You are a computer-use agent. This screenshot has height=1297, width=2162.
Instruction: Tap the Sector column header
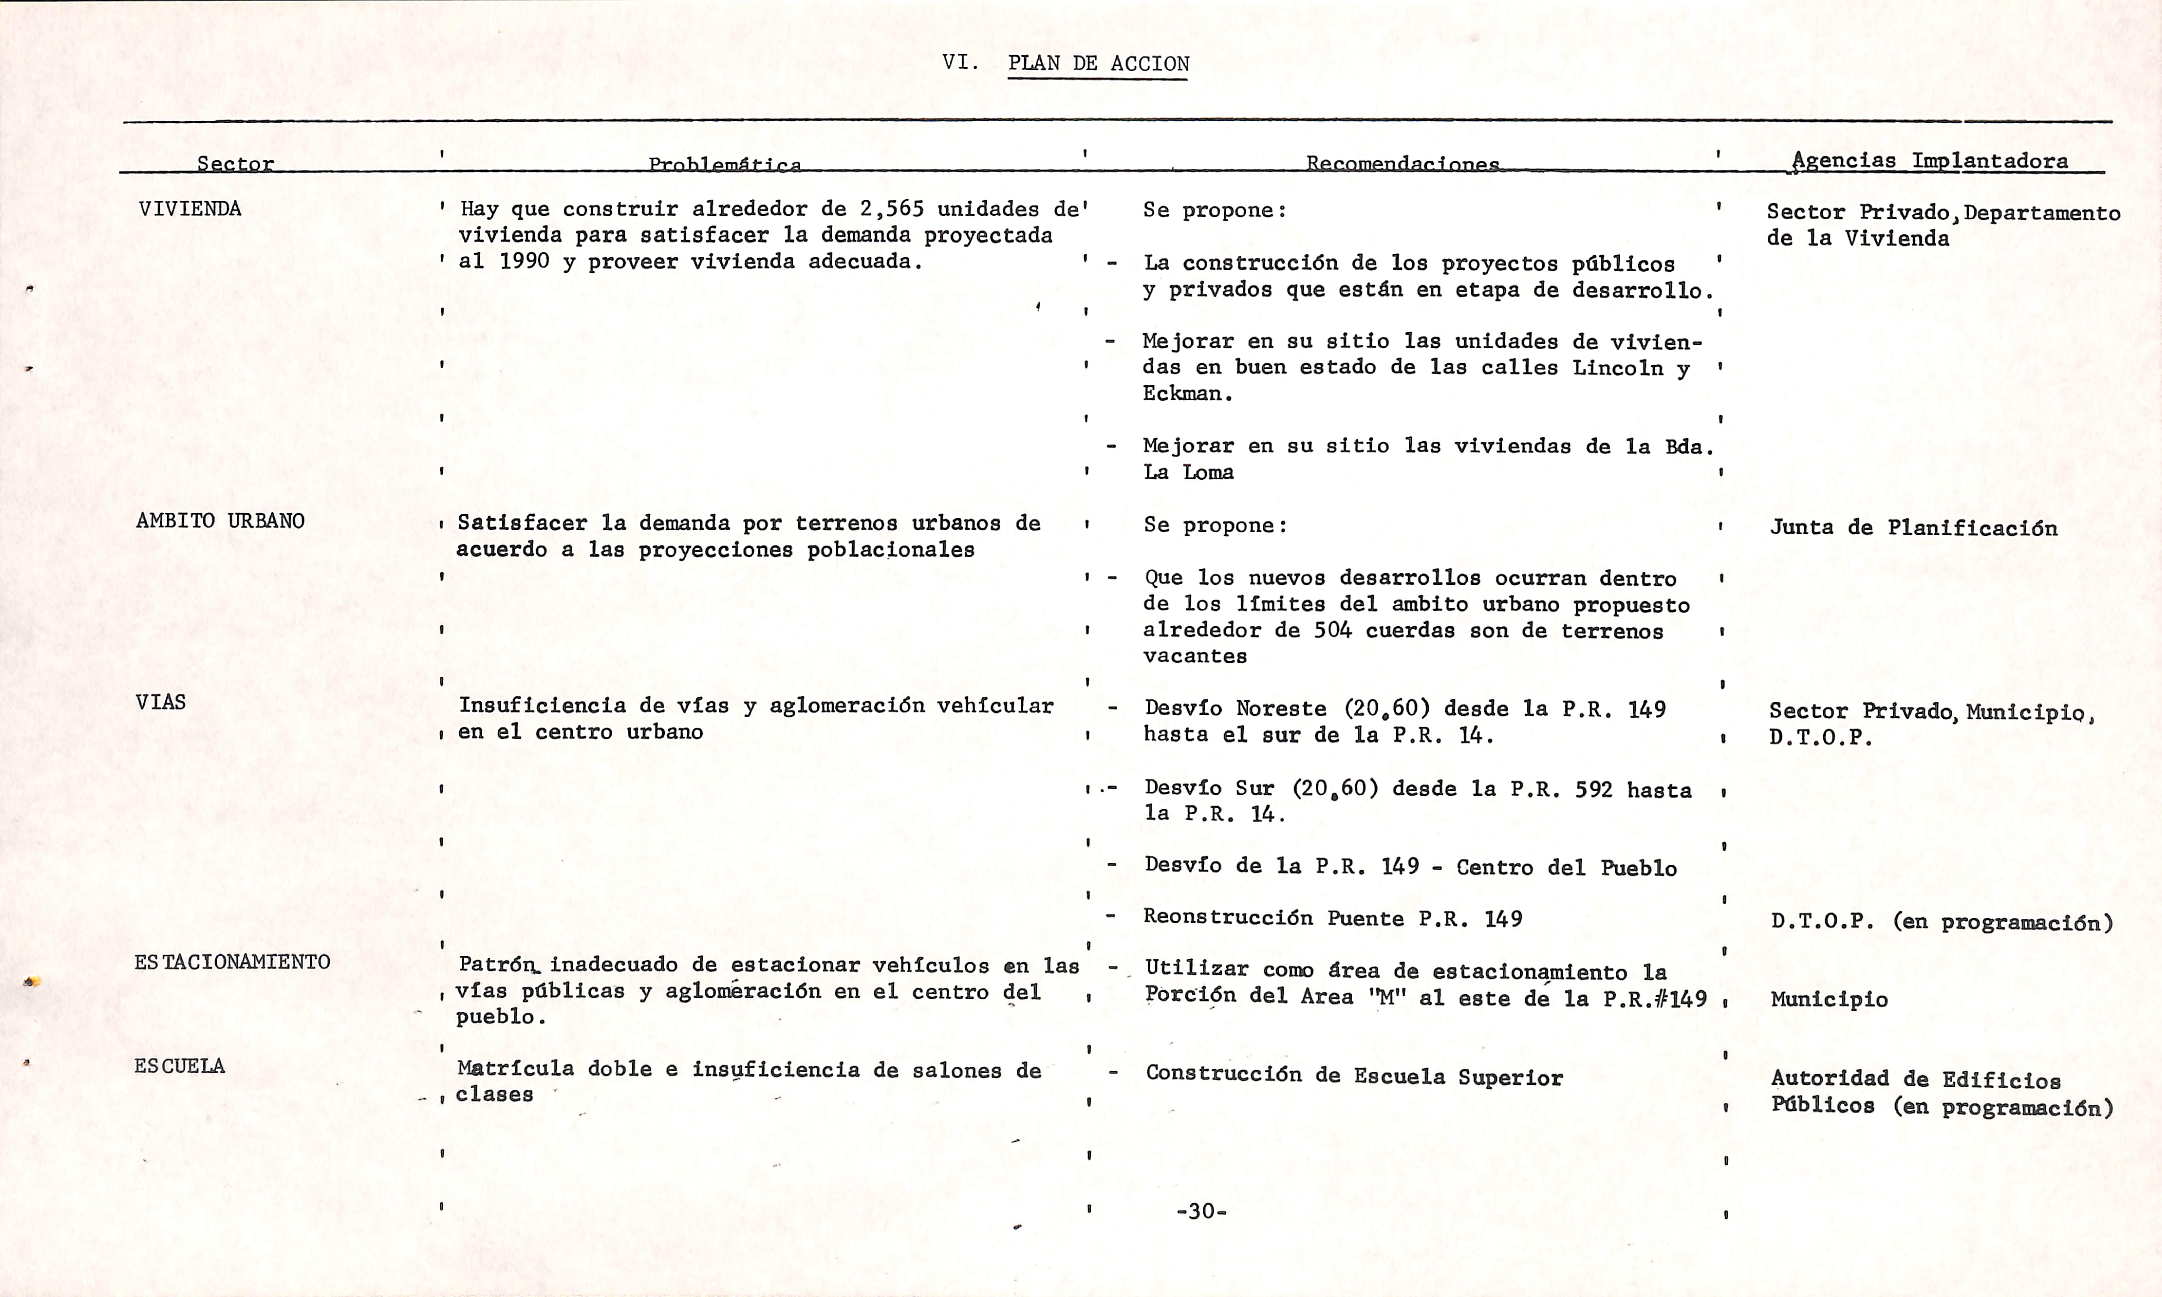click(235, 163)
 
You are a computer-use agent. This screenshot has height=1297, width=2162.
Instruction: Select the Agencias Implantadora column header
click(1930, 161)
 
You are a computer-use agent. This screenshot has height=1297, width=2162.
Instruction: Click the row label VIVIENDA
click(190, 209)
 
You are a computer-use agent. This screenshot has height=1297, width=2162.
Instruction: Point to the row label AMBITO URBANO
click(220, 521)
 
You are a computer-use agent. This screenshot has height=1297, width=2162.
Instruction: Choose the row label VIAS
click(161, 702)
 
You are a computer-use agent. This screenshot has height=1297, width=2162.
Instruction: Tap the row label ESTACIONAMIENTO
click(231, 962)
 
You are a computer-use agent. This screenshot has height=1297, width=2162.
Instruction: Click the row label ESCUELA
click(179, 1066)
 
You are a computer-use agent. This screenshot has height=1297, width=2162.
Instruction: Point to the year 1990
click(524, 261)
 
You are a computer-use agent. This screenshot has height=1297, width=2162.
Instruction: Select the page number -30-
click(1201, 1211)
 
